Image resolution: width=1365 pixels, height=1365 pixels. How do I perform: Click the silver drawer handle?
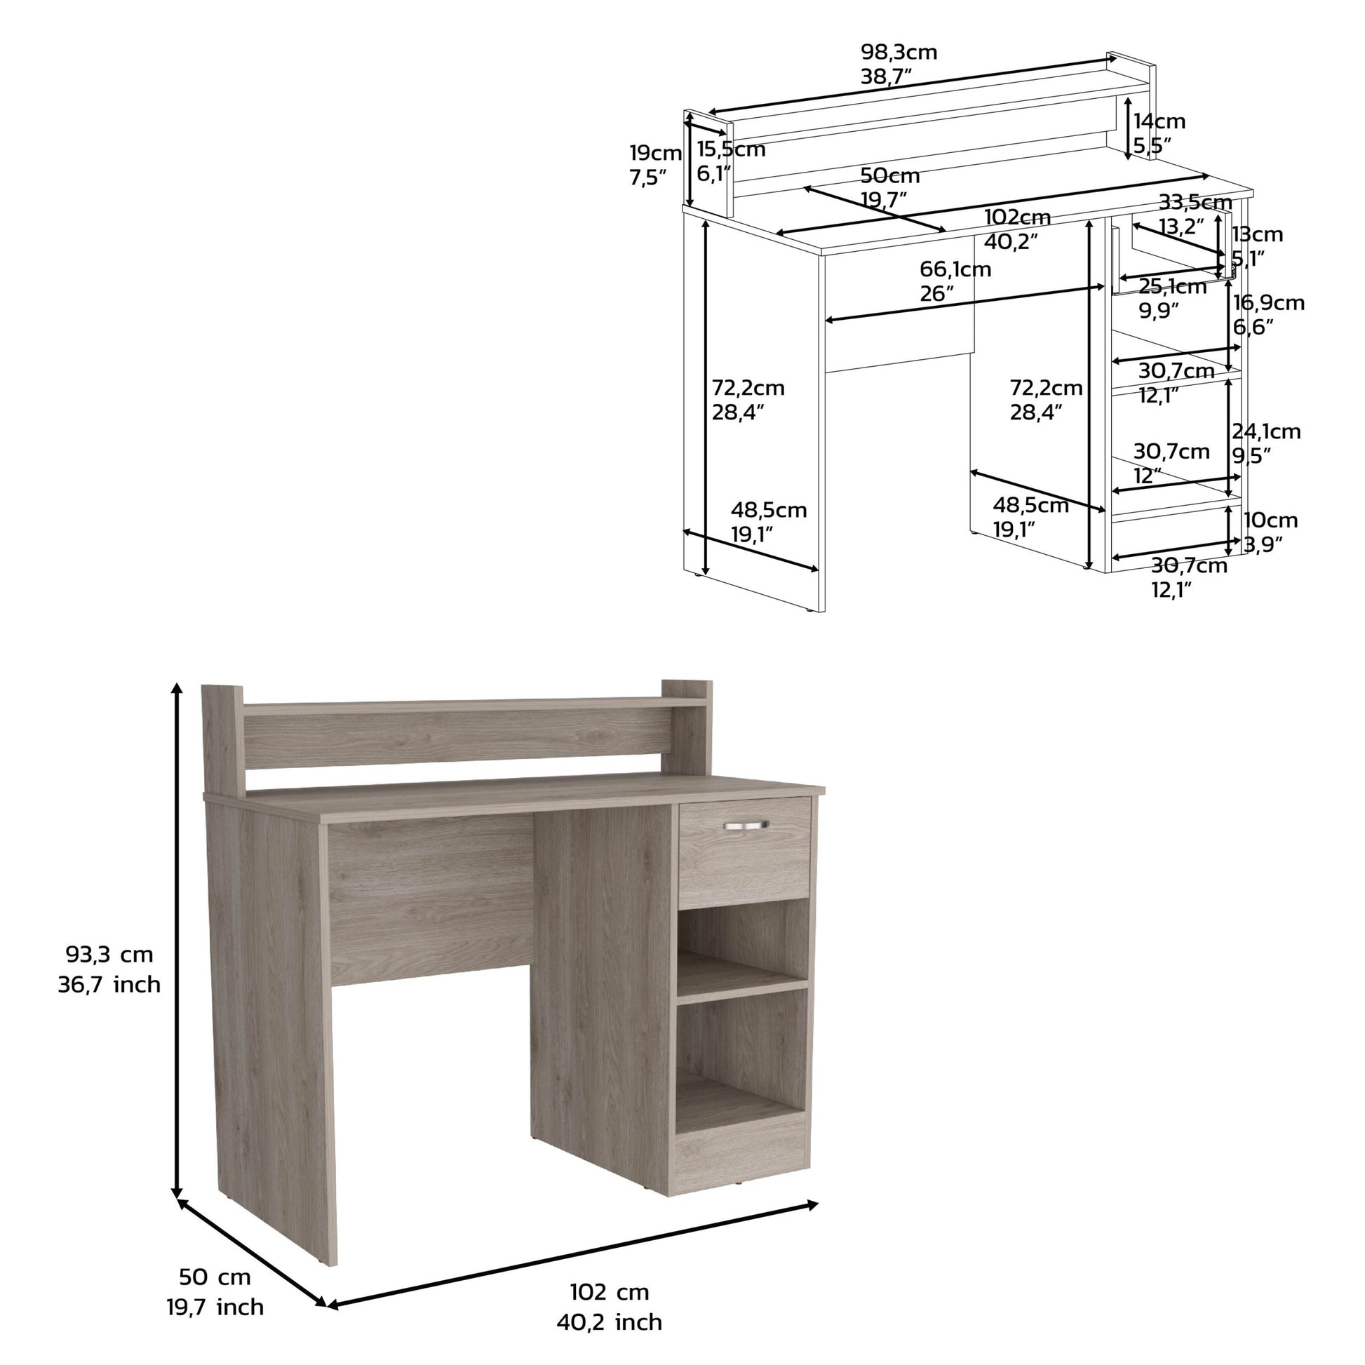[x=746, y=824]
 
